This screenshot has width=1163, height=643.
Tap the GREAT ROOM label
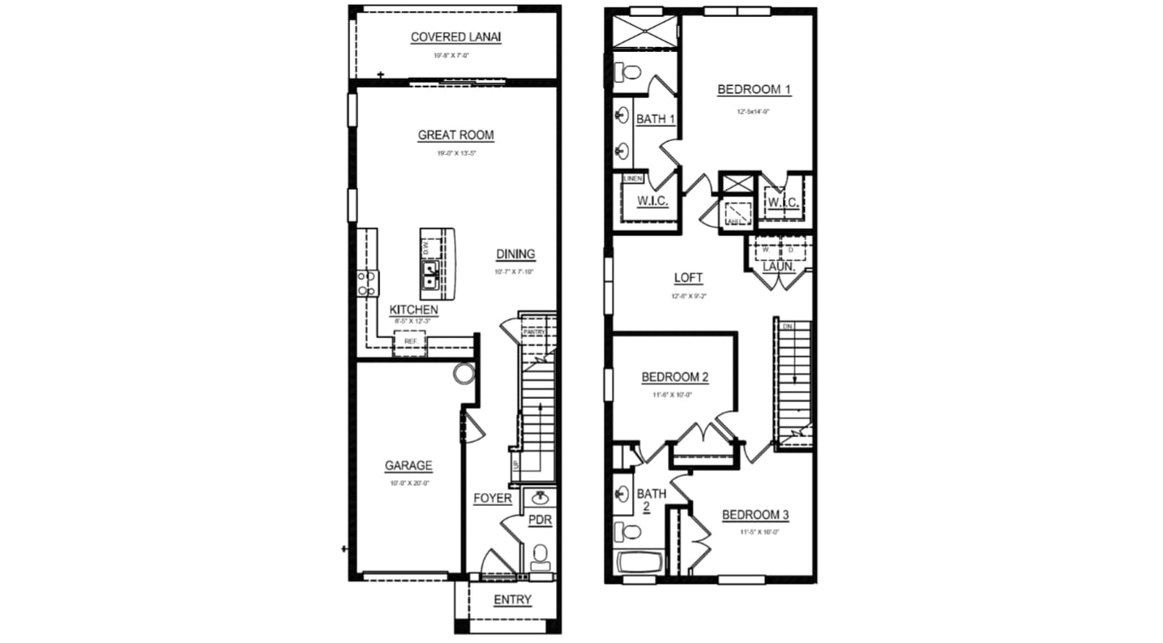[455, 135]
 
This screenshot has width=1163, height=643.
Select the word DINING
[515, 254]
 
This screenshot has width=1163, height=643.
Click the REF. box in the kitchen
[410, 342]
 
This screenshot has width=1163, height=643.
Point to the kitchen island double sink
[430, 275]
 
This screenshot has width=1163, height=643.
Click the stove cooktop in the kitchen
[367, 282]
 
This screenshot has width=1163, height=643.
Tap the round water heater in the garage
[463, 374]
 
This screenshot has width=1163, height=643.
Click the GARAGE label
[408, 466]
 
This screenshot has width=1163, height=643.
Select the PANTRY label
[533, 332]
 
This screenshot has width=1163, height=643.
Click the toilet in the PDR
[540, 557]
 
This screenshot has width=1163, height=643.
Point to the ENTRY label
[512, 600]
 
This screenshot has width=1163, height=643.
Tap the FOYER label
[493, 498]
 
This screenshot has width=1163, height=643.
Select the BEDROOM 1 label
[754, 90]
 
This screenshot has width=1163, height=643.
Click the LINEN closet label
[633, 178]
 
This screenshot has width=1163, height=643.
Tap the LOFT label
[689, 278]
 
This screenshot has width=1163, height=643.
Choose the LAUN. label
[778, 266]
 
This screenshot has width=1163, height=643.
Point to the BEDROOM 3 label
[755, 515]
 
